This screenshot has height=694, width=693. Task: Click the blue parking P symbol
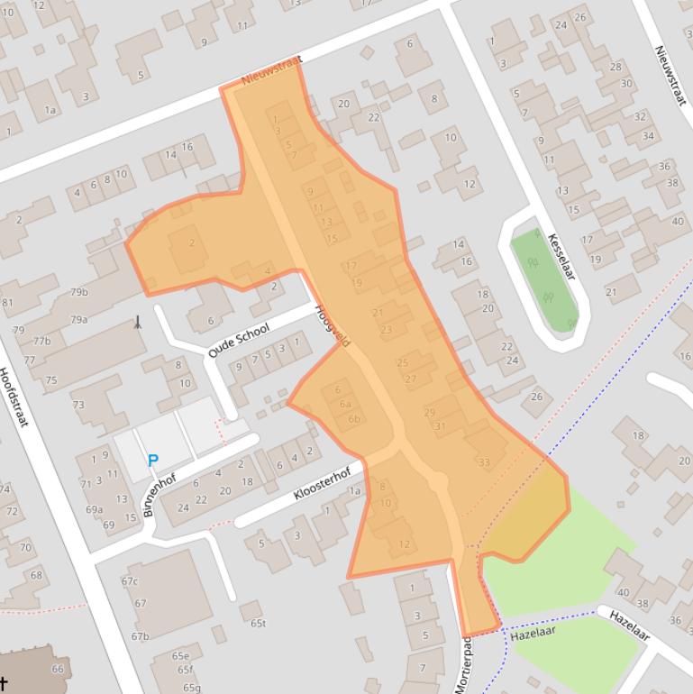click(153, 461)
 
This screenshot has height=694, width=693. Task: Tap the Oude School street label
click(239, 341)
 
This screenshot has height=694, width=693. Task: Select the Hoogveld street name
click(332, 325)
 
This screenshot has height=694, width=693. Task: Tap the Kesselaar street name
click(561, 256)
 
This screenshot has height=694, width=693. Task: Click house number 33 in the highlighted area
click(484, 462)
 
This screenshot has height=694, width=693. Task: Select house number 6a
click(345, 405)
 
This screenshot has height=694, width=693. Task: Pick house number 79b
click(79, 292)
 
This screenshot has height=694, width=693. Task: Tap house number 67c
click(130, 581)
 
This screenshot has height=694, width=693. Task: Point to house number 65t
click(259, 623)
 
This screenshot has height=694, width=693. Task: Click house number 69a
click(94, 509)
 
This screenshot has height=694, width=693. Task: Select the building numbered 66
click(58, 669)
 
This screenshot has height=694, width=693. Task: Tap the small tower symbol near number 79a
click(137, 322)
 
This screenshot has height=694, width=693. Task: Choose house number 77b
click(41, 342)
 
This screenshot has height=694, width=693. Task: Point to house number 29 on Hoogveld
click(430, 412)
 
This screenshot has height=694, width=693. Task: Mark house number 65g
click(191, 688)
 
